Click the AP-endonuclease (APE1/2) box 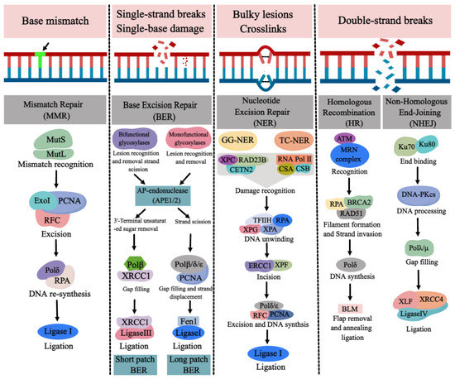[x=165, y=194]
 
